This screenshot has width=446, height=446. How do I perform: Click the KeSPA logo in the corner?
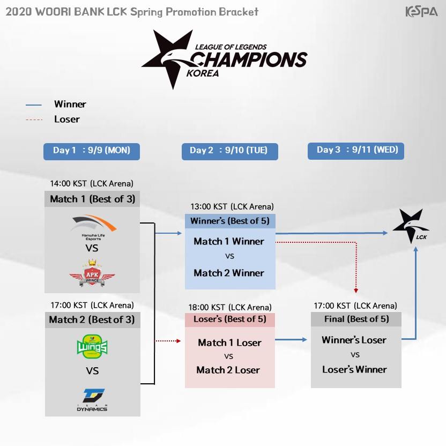[421, 11]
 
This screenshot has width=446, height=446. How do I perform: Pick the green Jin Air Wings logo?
[92, 346]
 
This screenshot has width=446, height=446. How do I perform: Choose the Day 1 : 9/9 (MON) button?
[92, 151]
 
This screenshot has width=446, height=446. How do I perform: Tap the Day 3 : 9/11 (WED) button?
[355, 151]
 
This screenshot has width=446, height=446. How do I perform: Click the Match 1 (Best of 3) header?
[92, 199]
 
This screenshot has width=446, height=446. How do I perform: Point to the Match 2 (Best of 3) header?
[92, 319]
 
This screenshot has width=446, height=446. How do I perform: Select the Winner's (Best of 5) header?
[230, 221]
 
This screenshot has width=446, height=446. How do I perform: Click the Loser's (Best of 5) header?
[230, 319]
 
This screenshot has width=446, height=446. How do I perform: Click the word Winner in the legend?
[70, 105]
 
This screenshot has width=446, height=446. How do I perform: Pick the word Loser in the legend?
[67, 120]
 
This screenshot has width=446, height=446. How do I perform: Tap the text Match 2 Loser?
[228, 370]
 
